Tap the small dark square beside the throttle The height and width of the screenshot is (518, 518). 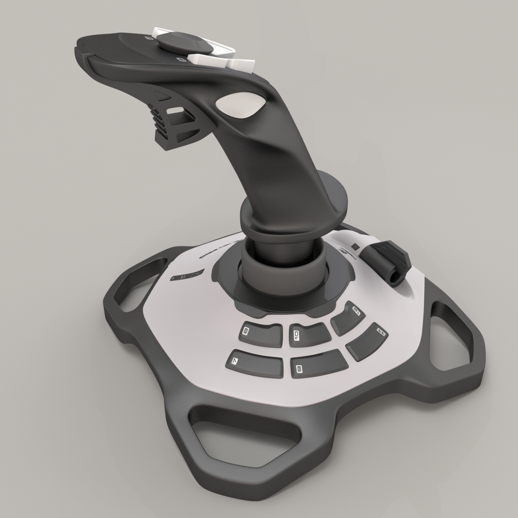[x=355, y=247]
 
